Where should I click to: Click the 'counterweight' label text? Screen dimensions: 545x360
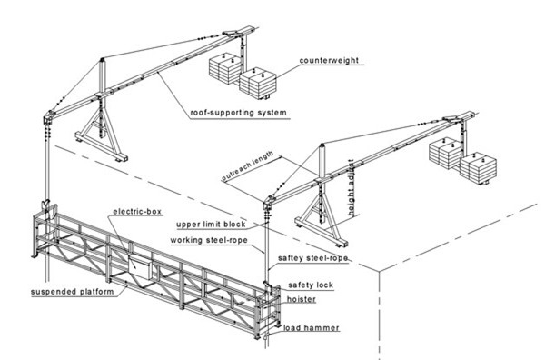(329, 60)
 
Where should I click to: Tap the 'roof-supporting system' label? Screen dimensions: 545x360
(238, 113)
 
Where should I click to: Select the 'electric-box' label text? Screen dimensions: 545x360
(137, 212)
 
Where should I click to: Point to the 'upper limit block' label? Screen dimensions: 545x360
(211, 225)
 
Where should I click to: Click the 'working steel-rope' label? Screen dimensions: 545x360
(209, 240)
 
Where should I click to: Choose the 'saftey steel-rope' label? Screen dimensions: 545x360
(312, 258)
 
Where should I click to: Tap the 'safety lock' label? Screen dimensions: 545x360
(311, 285)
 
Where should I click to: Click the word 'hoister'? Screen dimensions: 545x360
(302, 299)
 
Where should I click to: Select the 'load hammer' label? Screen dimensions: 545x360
(311, 327)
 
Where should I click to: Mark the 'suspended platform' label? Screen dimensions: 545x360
(73, 292)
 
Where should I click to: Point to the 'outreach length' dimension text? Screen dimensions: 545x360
(247, 166)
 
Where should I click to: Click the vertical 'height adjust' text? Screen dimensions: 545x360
(352, 188)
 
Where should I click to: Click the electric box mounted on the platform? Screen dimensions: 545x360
(140, 265)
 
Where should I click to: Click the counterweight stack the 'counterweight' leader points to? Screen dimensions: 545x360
(258, 83)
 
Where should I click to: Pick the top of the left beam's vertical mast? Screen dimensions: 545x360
(102, 59)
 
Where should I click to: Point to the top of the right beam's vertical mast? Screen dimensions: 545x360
(322, 145)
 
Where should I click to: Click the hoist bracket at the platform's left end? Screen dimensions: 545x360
(46, 209)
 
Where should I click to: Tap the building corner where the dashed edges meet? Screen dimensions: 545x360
(379, 272)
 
